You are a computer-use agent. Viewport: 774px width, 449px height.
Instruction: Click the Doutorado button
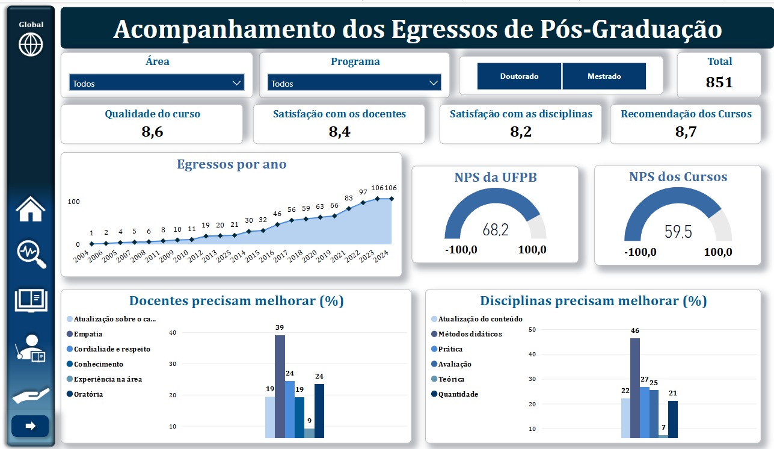point(519,76)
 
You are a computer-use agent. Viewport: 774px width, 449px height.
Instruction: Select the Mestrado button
point(604,76)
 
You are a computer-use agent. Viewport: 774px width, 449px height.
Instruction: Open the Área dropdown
point(157,83)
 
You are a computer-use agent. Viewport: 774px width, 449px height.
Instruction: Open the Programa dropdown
point(355,83)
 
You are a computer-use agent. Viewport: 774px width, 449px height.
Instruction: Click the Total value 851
point(719,82)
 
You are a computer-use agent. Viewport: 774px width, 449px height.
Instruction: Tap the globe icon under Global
point(31,45)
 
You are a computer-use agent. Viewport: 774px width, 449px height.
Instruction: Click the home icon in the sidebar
point(31,209)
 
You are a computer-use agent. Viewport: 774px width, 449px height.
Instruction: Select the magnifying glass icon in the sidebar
point(31,253)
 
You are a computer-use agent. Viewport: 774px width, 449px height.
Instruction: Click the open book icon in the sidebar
point(31,300)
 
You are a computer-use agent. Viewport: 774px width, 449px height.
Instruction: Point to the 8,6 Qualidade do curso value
point(152,132)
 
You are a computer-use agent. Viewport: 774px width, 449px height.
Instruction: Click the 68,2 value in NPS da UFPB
point(496,229)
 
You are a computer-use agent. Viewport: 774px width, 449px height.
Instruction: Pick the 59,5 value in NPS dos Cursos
point(678,232)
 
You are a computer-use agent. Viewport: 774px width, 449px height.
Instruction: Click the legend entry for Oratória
point(88,394)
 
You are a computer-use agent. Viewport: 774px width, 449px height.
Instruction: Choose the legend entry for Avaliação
point(455,364)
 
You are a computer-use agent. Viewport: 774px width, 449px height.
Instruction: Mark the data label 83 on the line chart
point(349,198)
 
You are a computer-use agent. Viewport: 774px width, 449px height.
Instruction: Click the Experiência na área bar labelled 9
point(309,433)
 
